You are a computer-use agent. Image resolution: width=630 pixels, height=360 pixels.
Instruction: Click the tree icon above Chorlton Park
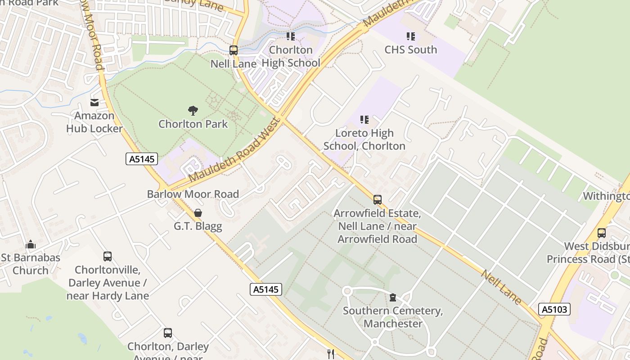[193, 110]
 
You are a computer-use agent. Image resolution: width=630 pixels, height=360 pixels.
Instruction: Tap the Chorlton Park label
[193, 124]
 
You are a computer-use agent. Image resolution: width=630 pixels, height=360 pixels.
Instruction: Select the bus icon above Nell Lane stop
[234, 50]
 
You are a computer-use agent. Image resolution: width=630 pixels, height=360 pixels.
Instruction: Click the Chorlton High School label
[291, 56]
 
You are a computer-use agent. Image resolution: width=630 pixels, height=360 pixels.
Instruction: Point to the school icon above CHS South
[410, 36]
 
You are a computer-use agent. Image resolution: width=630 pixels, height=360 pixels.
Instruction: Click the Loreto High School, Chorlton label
[364, 139]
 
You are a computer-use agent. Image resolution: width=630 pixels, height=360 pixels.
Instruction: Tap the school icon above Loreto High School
[364, 120]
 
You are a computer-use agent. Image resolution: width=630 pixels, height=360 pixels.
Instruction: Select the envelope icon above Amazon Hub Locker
[94, 103]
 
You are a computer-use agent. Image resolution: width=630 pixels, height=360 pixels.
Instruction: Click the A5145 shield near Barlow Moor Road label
[141, 159]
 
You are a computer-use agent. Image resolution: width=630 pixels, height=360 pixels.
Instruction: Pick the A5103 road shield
[554, 309]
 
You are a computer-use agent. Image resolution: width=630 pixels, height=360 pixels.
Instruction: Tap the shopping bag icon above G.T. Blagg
[198, 213]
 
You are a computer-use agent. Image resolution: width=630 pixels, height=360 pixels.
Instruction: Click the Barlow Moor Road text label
[193, 194]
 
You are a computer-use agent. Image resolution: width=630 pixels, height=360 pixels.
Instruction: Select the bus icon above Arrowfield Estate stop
[378, 200]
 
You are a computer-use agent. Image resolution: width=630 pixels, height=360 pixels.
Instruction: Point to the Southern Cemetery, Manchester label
[393, 317]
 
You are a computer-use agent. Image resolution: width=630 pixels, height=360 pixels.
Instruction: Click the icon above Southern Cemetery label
[393, 297]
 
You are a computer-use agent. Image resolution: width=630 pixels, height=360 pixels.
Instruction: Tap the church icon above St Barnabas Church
[31, 244]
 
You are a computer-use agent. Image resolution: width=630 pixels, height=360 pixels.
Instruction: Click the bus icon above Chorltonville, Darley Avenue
[108, 256]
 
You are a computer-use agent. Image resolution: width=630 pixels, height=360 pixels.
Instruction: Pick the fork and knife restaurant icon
[331, 354]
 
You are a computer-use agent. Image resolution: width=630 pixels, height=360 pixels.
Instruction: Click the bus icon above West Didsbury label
[602, 233]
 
